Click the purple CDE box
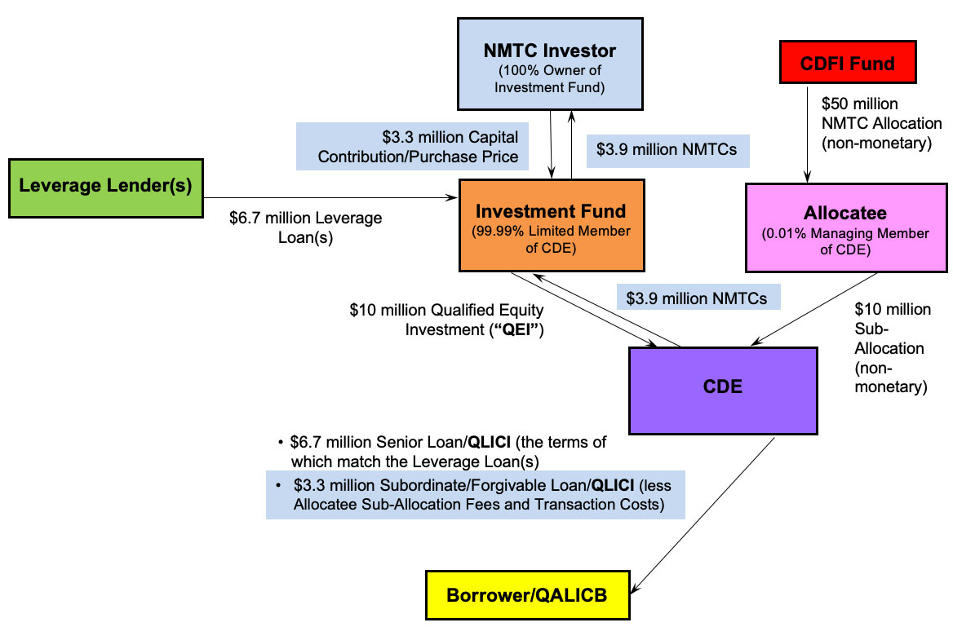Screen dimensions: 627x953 click(722, 386)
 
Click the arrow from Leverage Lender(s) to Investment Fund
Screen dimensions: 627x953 click(326, 197)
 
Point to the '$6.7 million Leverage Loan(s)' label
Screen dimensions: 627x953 click(306, 227)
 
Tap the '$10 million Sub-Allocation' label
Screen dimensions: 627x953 click(891, 348)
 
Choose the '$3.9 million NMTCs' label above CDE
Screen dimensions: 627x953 click(697, 298)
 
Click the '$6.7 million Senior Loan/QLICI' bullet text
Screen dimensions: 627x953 click(449, 450)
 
